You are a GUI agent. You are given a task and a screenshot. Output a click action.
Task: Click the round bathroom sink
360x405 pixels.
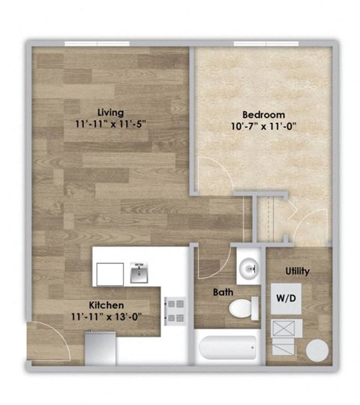[x=247, y=266]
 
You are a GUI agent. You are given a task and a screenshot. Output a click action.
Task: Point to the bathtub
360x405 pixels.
[x=227, y=349]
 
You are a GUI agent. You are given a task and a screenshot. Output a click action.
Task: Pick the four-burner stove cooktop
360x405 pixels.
[x=175, y=310]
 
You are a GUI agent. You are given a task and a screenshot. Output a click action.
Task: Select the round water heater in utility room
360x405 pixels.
[x=318, y=351]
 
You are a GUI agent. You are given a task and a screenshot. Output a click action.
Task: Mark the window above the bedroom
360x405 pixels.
[x=262, y=43]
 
